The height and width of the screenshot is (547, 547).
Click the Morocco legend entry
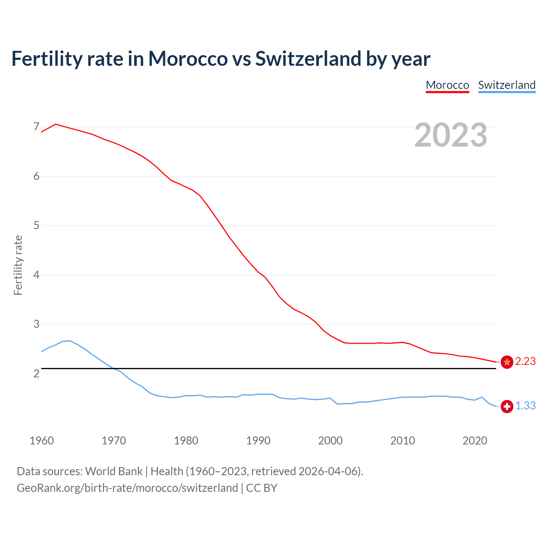447,85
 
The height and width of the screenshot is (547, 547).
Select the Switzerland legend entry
506,85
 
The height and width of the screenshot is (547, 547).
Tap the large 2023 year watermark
451,135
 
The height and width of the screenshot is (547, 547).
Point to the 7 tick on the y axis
36,127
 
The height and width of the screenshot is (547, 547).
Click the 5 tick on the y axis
36,225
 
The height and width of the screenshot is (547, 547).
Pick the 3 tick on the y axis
36,324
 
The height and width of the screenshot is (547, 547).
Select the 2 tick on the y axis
36,373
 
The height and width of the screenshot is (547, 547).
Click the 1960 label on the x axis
41,441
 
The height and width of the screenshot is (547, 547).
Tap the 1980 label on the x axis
186,441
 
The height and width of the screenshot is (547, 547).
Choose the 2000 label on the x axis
330,441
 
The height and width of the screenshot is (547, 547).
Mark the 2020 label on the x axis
475,441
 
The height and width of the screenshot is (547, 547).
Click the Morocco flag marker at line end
507,362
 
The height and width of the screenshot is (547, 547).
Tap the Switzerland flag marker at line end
507,406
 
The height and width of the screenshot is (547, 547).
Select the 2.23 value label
525,362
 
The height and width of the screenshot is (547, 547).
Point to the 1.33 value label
525,406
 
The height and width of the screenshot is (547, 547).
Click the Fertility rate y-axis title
18,265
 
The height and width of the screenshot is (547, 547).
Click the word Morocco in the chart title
188,59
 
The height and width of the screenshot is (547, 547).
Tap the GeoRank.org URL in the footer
127,488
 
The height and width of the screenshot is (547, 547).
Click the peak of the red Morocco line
56,124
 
